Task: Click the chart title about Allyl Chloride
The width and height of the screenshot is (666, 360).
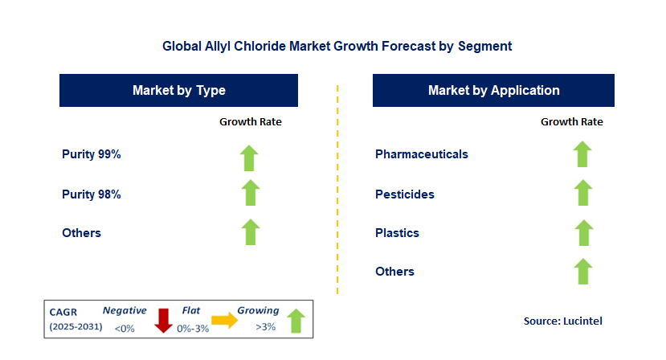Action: pyautogui.click(x=337, y=46)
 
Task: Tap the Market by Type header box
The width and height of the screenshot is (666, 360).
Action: pyautogui.click(x=178, y=90)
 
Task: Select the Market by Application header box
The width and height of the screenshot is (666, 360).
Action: pyautogui.click(x=493, y=90)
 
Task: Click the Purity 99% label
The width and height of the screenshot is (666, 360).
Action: pyautogui.click(x=92, y=153)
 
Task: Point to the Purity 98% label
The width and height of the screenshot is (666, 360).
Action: pyautogui.click(x=92, y=194)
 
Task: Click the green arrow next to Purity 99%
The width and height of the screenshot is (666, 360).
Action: pyautogui.click(x=249, y=158)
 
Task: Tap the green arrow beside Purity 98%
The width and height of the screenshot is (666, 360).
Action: pyautogui.click(x=251, y=193)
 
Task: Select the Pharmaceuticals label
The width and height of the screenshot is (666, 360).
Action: pyautogui.click(x=421, y=153)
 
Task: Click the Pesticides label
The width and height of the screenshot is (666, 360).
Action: pyautogui.click(x=404, y=194)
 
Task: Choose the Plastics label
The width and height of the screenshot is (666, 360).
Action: pyautogui.click(x=397, y=233)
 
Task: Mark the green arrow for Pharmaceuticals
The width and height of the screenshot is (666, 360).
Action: pyautogui.click(x=582, y=153)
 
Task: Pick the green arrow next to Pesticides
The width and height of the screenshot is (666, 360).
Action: pyautogui.click(x=583, y=193)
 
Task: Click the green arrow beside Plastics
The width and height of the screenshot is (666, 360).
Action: pyautogui.click(x=584, y=233)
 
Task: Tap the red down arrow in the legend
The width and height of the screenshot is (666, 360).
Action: pyautogui.click(x=163, y=321)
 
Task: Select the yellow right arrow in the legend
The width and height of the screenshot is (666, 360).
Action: pyautogui.click(x=225, y=320)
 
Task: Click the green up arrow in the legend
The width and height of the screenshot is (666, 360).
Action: pyautogui.click(x=296, y=321)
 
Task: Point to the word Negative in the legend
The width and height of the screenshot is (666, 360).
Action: pyautogui.click(x=125, y=311)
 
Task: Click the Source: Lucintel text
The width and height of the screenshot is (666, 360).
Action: pyautogui.click(x=563, y=321)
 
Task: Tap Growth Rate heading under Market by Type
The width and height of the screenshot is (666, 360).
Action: pyautogui.click(x=250, y=121)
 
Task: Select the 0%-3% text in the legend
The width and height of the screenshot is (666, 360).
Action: pyautogui.click(x=193, y=329)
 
